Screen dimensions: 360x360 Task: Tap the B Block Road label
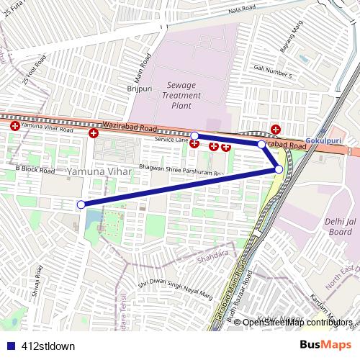click(x=35, y=170)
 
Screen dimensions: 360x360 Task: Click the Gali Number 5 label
click(x=273, y=71)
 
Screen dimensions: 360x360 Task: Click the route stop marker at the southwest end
click(x=81, y=204)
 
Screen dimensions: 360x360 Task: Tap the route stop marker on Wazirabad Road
click(x=194, y=135)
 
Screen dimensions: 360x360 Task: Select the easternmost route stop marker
click(x=279, y=168)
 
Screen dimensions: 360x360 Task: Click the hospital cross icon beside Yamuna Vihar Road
click(x=15, y=126)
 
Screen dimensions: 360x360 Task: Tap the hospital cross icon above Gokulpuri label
click(x=276, y=129)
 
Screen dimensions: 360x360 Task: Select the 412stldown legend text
click(x=48, y=346)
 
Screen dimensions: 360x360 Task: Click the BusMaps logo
click(x=325, y=346)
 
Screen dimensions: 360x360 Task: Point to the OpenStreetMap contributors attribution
click(x=297, y=322)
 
